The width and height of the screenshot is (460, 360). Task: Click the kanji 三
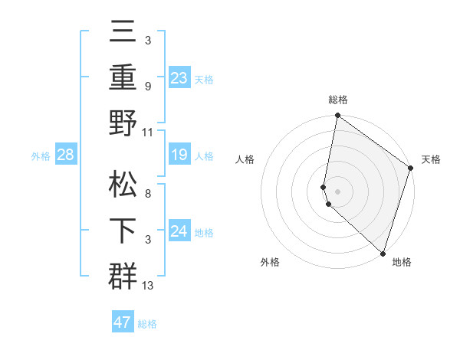[x=123, y=34]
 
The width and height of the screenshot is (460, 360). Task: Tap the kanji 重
[x=123, y=77]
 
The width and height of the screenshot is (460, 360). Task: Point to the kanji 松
[x=123, y=186]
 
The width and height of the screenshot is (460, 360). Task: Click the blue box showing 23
[x=179, y=77]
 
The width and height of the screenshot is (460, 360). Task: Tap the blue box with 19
[x=179, y=155]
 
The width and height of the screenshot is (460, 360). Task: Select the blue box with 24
[x=179, y=231]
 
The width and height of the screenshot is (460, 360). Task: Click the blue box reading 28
[x=66, y=155]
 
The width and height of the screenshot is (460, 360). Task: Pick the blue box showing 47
[x=123, y=322]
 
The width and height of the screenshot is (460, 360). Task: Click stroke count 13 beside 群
[x=148, y=286]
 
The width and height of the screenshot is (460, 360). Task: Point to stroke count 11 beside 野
[x=147, y=133]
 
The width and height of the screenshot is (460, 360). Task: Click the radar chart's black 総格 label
[x=338, y=100]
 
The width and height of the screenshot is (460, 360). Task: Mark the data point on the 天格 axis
[x=411, y=169]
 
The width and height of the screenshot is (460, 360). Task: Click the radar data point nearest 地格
[x=383, y=254]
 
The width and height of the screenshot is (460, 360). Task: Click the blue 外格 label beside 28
[x=41, y=156]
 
